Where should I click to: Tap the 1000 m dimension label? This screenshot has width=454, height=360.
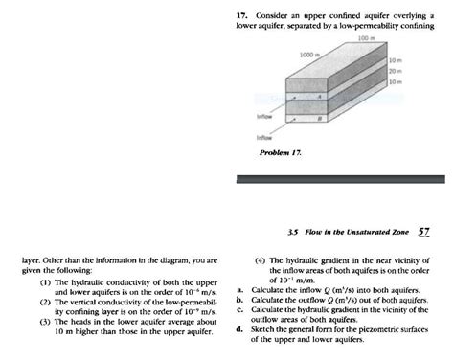click(308, 56)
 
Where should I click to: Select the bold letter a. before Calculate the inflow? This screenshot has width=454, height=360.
click(238, 288)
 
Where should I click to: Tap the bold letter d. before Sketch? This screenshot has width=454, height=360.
click(238, 328)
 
